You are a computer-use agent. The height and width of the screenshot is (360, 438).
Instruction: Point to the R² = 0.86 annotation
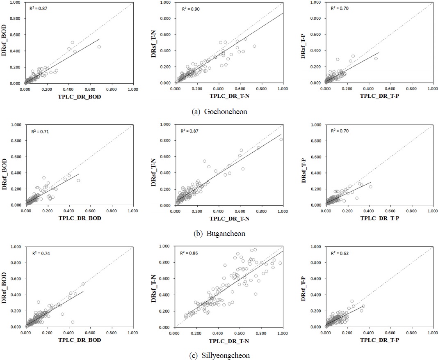189,253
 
